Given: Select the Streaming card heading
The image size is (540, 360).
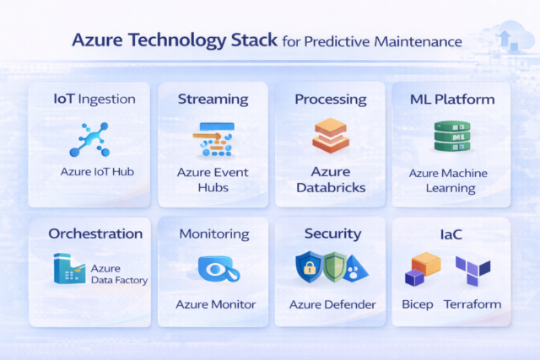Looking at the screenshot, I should coord(213,99).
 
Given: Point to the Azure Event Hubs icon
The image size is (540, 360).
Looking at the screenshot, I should coord(213,138).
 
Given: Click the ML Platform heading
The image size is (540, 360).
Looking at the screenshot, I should coord(451,99).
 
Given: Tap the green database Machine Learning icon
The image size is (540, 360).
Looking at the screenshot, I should coord(451,136).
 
